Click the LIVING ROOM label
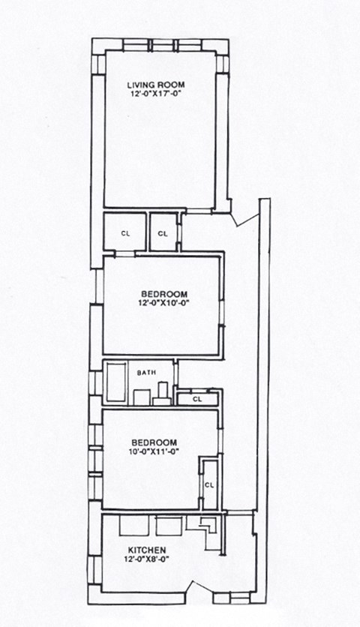point(156,83)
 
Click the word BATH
point(145,372)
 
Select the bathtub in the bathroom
point(117,383)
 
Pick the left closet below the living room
point(124,233)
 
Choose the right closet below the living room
point(163,233)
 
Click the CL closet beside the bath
point(198,399)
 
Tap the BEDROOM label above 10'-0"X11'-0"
point(154,442)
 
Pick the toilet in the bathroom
point(162,394)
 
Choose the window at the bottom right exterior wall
point(231,598)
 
